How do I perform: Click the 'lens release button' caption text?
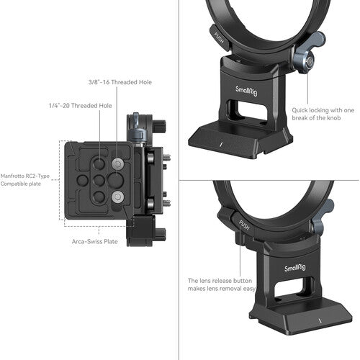coord(222,285)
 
